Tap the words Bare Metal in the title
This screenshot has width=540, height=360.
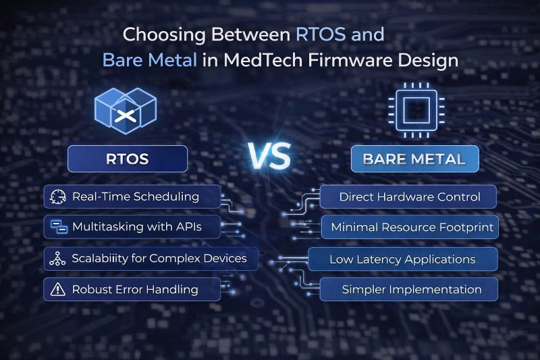click(x=150, y=59)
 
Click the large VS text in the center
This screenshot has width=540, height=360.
click(x=270, y=157)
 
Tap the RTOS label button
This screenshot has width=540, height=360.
click(x=128, y=159)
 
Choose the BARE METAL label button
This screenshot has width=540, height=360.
click(x=414, y=159)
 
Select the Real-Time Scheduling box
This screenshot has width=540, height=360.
click(x=132, y=197)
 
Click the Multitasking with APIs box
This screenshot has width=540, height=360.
click(x=132, y=227)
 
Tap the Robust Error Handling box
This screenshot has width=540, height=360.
click(x=132, y=289)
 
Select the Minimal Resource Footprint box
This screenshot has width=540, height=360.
click(x=409, y=228)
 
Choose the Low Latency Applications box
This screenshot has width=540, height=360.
click(x=403, y=259)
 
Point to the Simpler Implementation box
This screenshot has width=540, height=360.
click(x=409, y=289)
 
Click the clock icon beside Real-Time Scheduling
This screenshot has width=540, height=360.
click(x=57, y=197)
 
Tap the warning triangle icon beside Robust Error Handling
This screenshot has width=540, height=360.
click(x=57, y=289)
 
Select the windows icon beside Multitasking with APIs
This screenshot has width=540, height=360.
click(x=57, y=227)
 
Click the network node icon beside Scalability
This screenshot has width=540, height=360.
click(x=57, y=258)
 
